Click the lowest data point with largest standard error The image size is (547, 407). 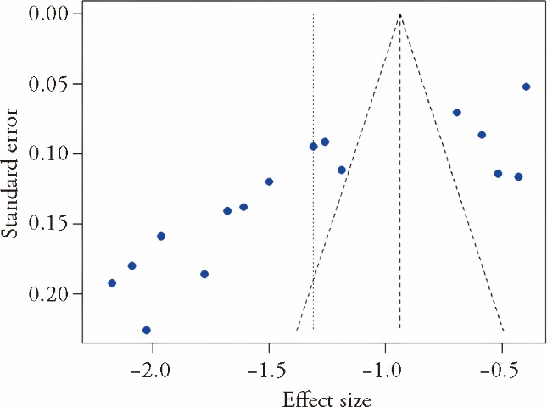point(147,330)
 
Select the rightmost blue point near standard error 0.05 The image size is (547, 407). point(527,86)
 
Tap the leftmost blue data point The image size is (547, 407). point(112,283)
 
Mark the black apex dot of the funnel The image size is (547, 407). point(400,14)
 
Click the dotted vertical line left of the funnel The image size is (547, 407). point(313,237)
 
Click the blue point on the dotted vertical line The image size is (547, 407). point(314,147)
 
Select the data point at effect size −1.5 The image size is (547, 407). point(269,181)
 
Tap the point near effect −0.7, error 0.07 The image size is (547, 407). point(457,113)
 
